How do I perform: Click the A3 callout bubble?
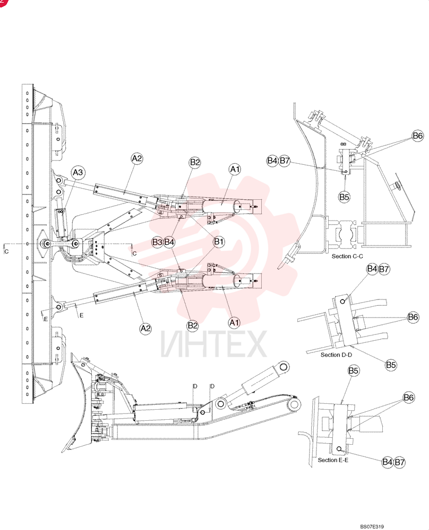point(78,172)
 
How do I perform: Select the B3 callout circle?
point(157,242)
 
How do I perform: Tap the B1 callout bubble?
point(219,242)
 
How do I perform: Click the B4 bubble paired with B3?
point(169,242)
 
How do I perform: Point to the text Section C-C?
point(347,256)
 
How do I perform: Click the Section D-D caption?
point(336,355)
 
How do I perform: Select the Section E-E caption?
point(333,460)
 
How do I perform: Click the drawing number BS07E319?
point(372,526)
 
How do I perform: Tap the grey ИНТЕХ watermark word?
point(213,344)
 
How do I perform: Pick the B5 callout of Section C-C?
point(344,197)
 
